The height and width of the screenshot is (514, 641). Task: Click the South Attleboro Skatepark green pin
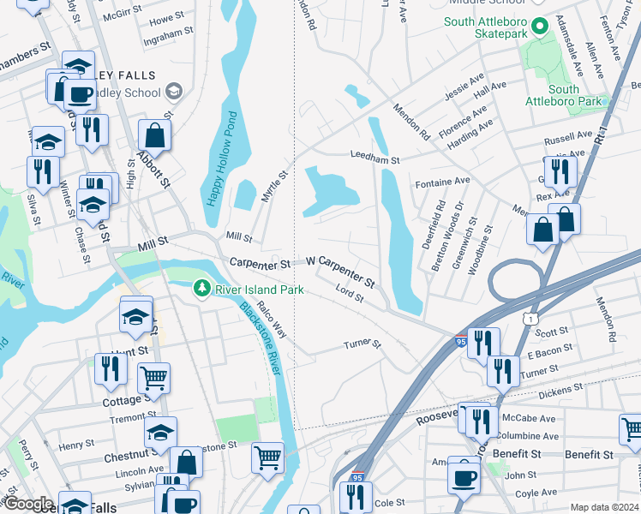538,27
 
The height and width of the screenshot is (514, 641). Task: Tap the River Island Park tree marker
202,290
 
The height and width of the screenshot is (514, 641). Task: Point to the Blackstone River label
260,337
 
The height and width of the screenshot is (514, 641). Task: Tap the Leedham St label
374,159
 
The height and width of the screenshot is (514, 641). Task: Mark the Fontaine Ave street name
442,182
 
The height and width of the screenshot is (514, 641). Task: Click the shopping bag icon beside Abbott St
154,134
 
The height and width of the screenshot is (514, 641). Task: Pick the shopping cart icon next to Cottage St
153,376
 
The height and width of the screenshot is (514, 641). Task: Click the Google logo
28,504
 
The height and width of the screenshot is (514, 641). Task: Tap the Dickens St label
561,387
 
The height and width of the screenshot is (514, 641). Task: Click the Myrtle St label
274,186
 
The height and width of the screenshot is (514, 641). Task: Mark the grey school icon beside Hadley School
174,91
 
